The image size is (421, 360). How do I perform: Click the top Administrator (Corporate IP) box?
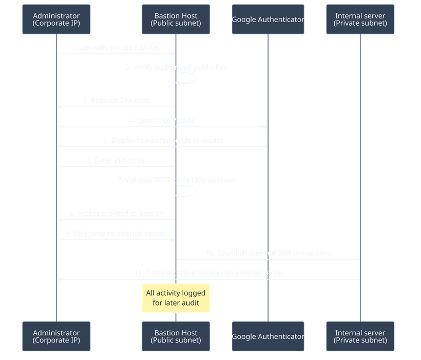click(x=56, y=20)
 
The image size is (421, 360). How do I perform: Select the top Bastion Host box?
click(x=176, y=20)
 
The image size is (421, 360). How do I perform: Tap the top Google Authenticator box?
click(x=268, y=20)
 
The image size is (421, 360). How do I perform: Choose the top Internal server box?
click(x=359, y=20)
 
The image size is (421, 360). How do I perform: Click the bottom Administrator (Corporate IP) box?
click(x=56, y=336)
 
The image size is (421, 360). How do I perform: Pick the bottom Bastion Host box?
click(x=176, y=336)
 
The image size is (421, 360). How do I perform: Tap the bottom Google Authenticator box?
click(x=268, y=336)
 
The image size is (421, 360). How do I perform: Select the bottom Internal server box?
click(x=359, y=336)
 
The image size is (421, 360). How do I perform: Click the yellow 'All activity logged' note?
click(x=176, y=298)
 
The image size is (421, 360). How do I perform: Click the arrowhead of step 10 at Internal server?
click(x=357, y=259)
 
